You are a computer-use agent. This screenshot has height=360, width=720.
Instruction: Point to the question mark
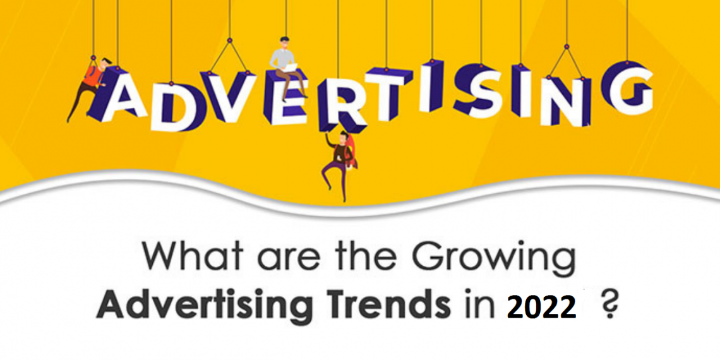[x=609, y=306]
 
